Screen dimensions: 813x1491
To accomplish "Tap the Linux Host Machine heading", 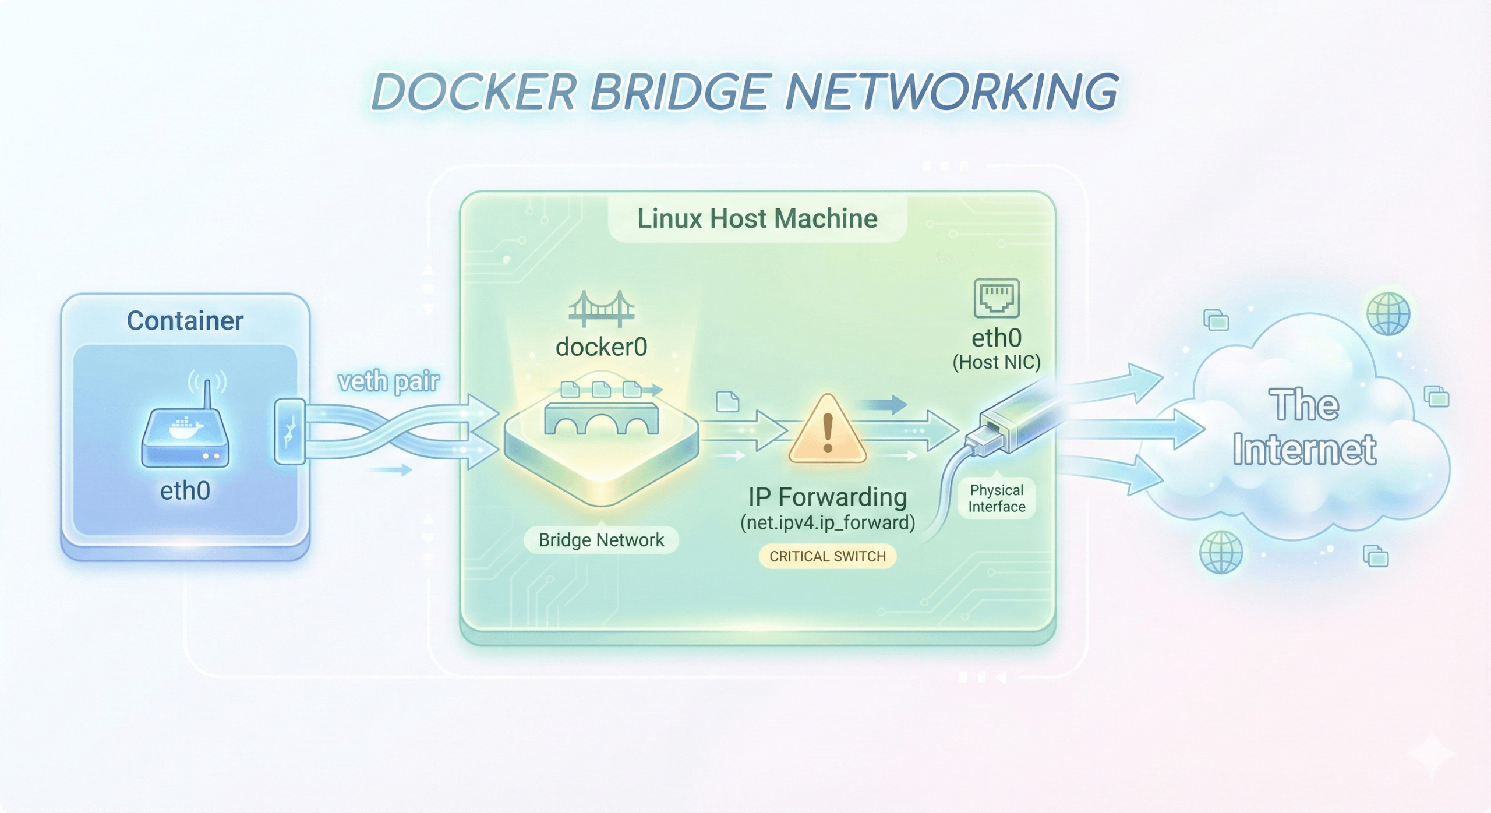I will [x=757, y=219].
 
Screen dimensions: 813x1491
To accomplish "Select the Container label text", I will [x=185, y=321].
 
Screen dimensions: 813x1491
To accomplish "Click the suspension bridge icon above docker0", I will [x=601, y=309].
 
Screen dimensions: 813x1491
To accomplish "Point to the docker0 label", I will [x=601, y=347].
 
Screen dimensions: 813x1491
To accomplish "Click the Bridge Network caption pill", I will [x=601, y=540].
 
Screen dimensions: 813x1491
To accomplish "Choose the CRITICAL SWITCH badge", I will [x=827, y=556].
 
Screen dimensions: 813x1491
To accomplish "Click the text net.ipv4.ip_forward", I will [x=827, y=522].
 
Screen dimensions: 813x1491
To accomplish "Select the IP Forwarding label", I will [x=827, y=497].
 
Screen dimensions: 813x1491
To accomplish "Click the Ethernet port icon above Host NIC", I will [x=997, y=298].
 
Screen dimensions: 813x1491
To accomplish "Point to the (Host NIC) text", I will [x=997, y=362].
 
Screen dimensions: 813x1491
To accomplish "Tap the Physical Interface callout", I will [x=997, y=499].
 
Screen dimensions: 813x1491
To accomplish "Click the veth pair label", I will [x=388, y=381].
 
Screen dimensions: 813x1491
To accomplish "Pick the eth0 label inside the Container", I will [x=185, y=490].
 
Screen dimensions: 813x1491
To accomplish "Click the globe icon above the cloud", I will [x=1388, y=314].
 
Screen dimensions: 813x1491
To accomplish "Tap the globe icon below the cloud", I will [x=1221, y=552].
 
